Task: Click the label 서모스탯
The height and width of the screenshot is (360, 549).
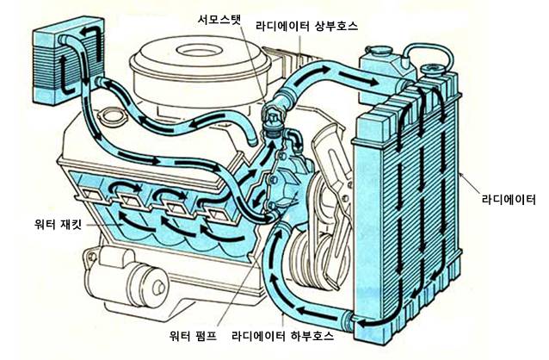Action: coord(219,20)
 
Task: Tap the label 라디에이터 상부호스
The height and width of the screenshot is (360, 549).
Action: coord(306,26)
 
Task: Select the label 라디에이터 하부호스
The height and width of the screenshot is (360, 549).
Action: coord(283,336)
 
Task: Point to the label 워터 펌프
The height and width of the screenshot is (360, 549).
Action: coord(193,336)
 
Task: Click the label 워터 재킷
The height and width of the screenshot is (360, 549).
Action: coord(58,223)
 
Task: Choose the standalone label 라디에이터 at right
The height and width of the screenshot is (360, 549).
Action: coord(509,199)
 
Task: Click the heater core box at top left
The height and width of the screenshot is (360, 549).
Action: coord(68,61)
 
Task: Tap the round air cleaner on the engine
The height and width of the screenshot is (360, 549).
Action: coord(200,70)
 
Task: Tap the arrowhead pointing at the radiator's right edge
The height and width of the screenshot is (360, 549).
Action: coord(462,173)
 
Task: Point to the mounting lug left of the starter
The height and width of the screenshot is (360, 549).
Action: coord(92,257)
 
